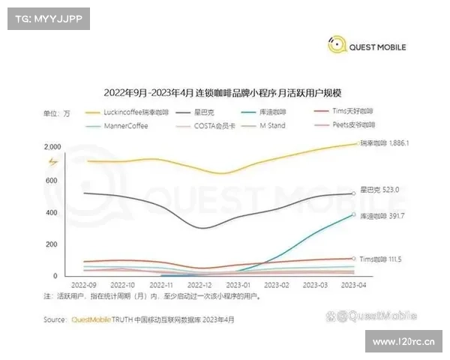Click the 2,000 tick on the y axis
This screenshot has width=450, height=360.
pos(52,146)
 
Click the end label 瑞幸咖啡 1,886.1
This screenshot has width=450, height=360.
pos(384,142)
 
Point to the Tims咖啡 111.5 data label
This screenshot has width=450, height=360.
pos(382,259)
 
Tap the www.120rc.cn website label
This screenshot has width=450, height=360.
pos(397,345)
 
